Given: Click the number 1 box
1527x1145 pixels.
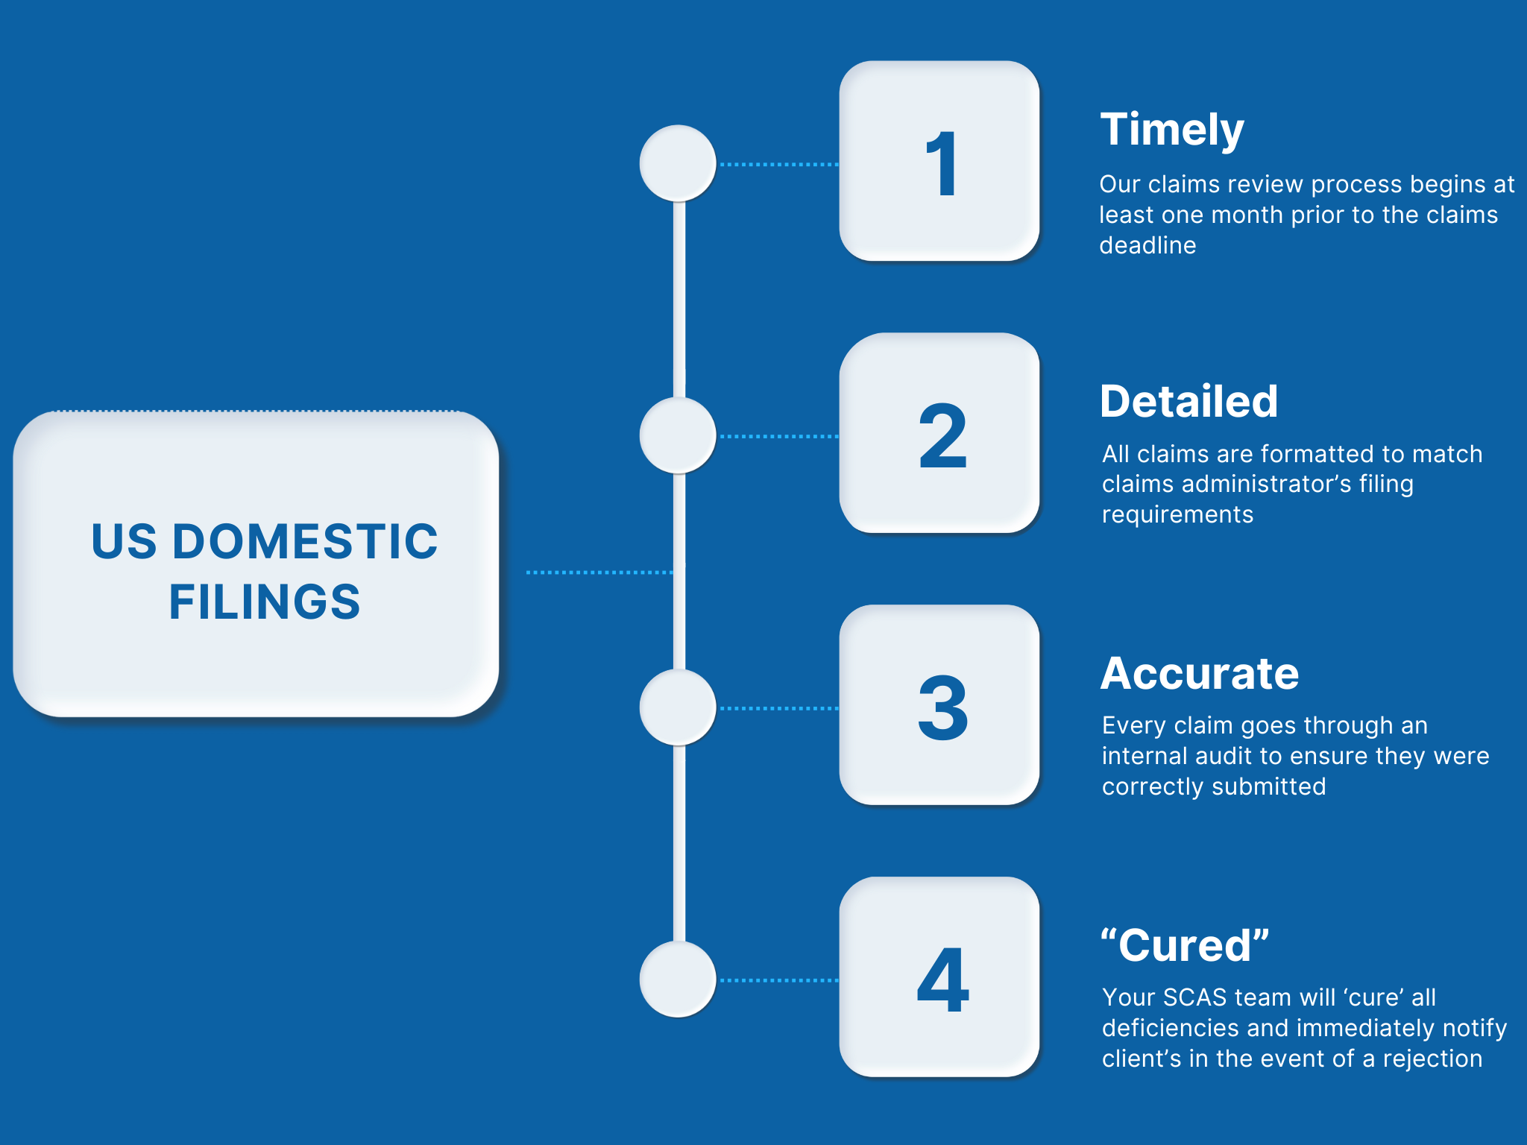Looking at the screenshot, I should [939, 161].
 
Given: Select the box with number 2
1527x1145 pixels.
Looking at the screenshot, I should [939, 433].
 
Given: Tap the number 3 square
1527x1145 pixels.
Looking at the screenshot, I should [939, 705].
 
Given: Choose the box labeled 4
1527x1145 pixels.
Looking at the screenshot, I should [939, 977].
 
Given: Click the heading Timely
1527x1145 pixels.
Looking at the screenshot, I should [1172, 130].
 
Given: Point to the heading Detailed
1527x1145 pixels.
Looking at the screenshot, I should [1188, 402].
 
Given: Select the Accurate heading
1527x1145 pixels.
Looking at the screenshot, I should [1200, 674].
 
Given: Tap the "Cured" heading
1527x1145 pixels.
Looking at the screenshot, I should [1185, 945].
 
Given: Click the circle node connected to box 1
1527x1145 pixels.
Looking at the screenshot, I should [678, 163].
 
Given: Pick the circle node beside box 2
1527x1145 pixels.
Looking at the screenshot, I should [678, 435].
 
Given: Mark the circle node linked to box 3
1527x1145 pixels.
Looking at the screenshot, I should [678, 707].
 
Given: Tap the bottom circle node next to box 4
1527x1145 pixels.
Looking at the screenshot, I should [678, 980].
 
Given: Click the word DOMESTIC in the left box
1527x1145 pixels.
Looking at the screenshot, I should [306, 541].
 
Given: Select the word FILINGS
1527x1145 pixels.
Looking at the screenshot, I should [265, 602].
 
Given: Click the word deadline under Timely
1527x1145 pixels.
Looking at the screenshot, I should [1147, 245].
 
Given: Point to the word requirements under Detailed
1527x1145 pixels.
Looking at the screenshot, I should [1177, 514].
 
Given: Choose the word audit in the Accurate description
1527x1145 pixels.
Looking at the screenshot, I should [1224, 756].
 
